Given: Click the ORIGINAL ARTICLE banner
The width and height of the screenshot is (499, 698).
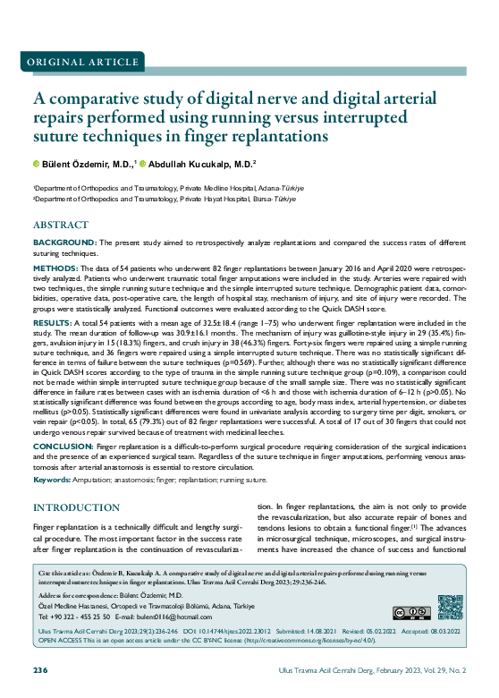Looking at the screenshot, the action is point(75,61).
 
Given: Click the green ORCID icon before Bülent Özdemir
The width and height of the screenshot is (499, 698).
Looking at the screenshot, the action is point(37,164).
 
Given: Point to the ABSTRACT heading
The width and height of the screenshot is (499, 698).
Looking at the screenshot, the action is point(60,225).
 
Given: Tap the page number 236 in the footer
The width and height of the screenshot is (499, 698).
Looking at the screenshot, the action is point(40,670).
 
